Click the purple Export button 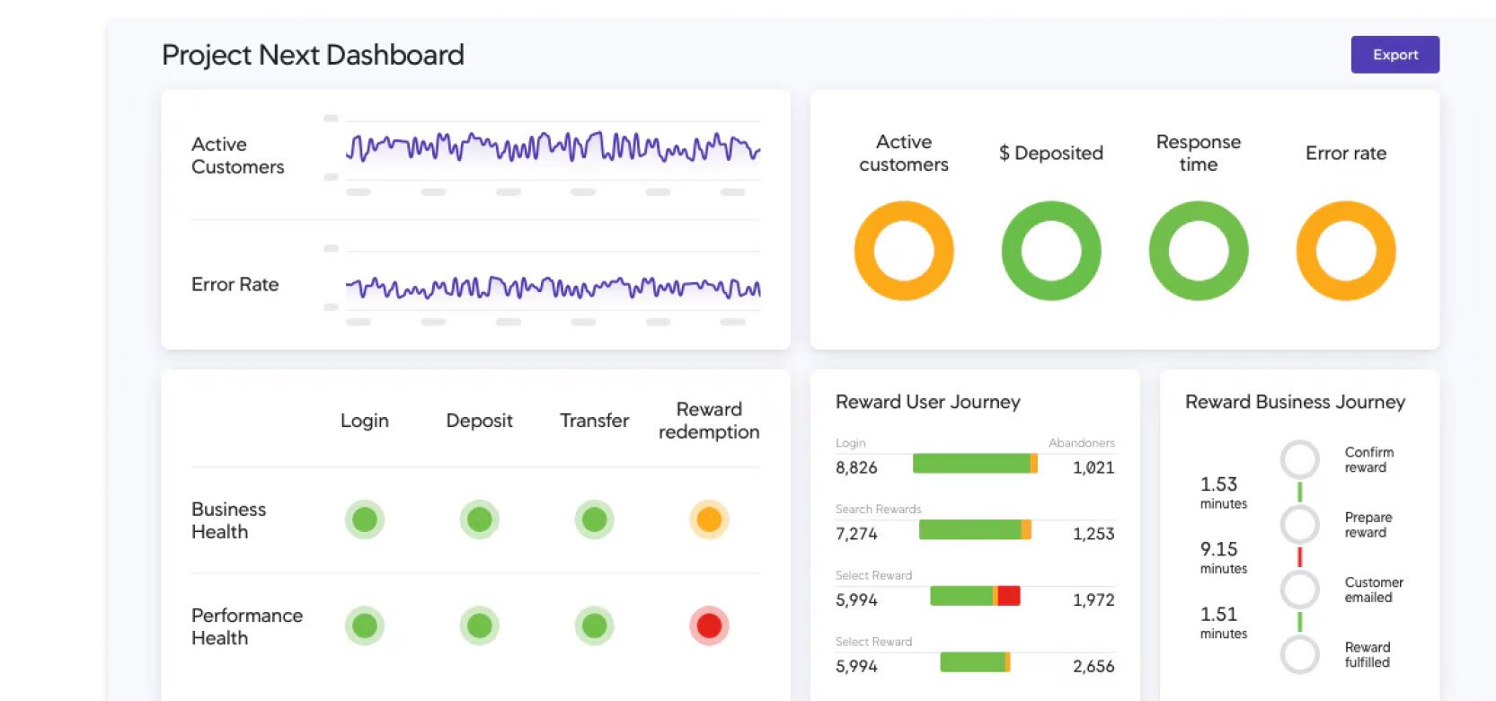tap(1394, 55)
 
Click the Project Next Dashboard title tap(313, 55)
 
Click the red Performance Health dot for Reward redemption tap(709, 626)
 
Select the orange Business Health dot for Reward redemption tap(709, 519)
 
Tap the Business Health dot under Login tap(365, 519)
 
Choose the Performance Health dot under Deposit tap(480, 626)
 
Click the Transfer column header tap(594, 421)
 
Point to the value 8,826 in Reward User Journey tap(856, 467)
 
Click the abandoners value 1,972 tap(1093, 600)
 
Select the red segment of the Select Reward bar tap(1009, 595)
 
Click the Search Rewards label tap(878, 509)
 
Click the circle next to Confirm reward tap(1299, 459)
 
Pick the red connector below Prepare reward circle tap(1299, 556)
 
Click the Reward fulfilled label tap(1367, 654)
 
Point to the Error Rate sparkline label tap(235, 285)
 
